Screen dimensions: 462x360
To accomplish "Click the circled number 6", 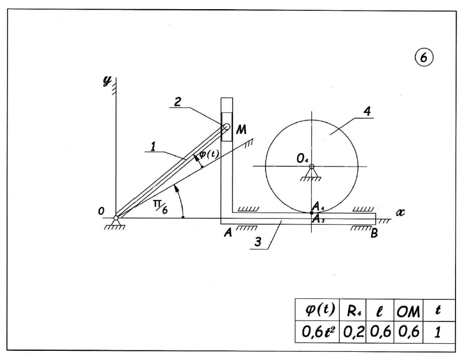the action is pyautogui.click(x=424, y=57).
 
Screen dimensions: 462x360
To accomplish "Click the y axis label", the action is pyautogui.click(x=108, y=81).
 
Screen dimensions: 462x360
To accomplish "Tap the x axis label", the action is pyautogui.click(x=400, y=212).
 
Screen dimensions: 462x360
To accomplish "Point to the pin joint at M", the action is pyautogui.click(x=226, y=127).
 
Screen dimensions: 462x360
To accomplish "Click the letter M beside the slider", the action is pyautogui.click(x=242, y=130).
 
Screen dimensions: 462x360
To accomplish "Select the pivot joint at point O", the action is pyautogui.click(x=116, y=218).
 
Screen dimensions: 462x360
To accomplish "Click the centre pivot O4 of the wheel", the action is pyautogui.click(x=311, y=166).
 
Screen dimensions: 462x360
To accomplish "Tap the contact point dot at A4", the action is pyautogui.click(x=312, y=212).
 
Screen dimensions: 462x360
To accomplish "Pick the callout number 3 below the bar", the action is pyautogui.click(x=258, y=242).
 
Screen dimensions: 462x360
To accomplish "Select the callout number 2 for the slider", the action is pyautogui.click(x=177, y=102).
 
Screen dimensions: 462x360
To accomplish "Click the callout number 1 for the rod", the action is pyautogui.click(x=153, y=146).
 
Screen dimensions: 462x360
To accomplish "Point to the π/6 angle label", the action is pyautogui.click(x=161, y=206).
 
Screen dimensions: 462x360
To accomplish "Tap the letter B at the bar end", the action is pyautogui.click(x=374, y=234).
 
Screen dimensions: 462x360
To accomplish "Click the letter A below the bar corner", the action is pyautogui.click(x=229, y=233).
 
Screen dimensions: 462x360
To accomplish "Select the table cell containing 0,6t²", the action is pyautogui.click(x=317, y=332).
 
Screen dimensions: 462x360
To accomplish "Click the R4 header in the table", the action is pyautogui.click(x=353, y=310).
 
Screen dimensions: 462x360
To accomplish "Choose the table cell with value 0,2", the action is pyautogui.click(x=353, y=332).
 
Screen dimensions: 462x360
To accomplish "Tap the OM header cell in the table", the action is pyautogui.click(x=409, y=310).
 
